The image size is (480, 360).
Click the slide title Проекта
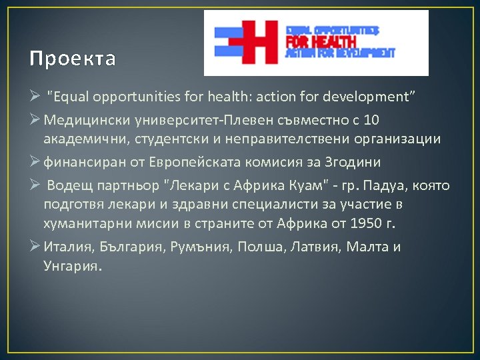(x=73, y=59)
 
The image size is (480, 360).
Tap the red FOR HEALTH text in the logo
(x=321, y=41)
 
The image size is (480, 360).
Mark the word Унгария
(x=72, y=265)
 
